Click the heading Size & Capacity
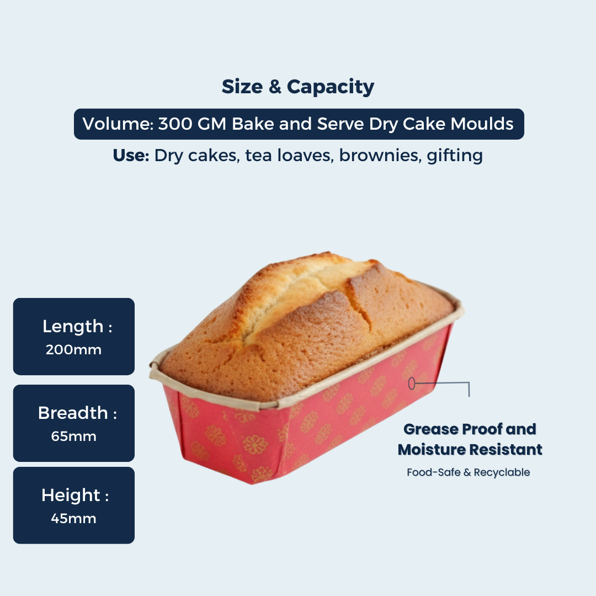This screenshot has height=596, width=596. click(298, 87)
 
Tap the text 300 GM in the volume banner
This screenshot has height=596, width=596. click(192, 124)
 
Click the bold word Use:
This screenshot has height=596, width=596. click(131, 156)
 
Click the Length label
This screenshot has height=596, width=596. click(73, 326)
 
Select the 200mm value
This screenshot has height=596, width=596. click(73, 349)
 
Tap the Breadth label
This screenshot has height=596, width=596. click(73, 413)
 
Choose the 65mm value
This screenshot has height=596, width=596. click(73, 436)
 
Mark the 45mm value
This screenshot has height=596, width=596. click(73, 518)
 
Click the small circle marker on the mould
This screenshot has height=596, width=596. click(411, 383)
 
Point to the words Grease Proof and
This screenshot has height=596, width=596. click(470, 429)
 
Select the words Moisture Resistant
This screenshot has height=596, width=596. click(470, 449)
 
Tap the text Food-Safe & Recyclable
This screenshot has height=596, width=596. click(468, 472)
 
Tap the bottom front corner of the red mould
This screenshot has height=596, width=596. click(252, 482)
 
